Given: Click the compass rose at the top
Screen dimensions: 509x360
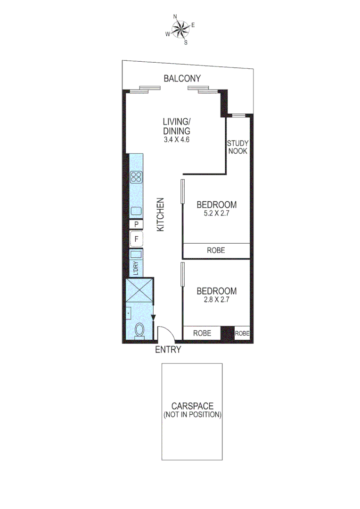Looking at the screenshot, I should pos(180,30).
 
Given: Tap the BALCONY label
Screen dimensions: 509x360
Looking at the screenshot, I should pos(182,79).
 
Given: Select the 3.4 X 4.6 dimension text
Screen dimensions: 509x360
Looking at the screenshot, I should pos(176,140).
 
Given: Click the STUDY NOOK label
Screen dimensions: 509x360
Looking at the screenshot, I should pos(237,147).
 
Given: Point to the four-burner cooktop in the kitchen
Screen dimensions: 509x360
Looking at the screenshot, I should pos(137,177).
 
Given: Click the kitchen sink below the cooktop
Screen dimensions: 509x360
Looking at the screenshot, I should pos(137,211).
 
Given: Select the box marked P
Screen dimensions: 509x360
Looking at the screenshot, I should pos(137,224).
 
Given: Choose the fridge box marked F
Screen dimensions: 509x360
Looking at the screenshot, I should pos(137,239).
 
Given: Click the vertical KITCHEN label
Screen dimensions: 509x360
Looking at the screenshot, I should pos(160,214).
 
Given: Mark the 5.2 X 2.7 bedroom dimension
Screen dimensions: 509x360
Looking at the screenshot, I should pos(216,213).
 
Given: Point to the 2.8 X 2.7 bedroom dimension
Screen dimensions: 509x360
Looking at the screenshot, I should pos(216,299).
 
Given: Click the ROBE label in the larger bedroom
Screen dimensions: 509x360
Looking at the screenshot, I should pos(216,250).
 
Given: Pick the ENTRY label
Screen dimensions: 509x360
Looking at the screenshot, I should pos(168,350).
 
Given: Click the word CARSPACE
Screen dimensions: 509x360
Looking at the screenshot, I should pos(192,406).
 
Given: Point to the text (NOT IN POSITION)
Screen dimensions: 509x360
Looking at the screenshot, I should pos(192,415).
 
